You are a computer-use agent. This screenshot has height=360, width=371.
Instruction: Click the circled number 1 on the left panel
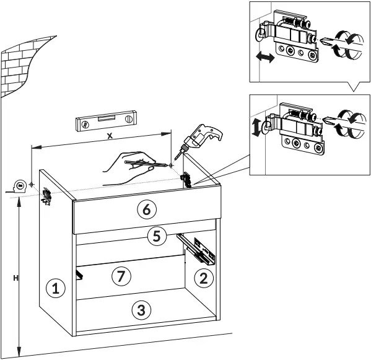click(56, 288)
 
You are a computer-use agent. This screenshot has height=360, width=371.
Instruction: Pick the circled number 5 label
click(157, 235)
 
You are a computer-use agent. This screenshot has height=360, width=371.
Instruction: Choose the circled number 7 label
click(121, 276)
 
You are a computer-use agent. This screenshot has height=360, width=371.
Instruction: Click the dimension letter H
click(14, 278)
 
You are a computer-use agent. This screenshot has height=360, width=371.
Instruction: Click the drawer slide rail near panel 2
click(197, 246)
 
